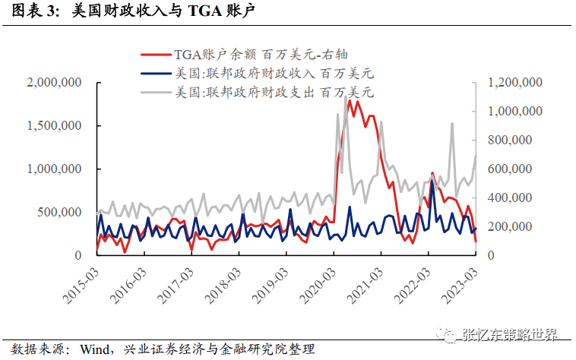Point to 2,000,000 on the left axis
pyautogui.click(x=55, y=83)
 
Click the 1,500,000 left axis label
pyautogui.click(x=55, y=126)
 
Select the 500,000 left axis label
pyautogui.click(x=61, y=212)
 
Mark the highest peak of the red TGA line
pyautogui.click(x=349, y=100)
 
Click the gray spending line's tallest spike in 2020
pyautogui.click(x=337, y=114)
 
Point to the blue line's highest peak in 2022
pyautogui.click(x=432, y=182)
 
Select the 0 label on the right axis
pyautogui.click(x=491, y=256)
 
